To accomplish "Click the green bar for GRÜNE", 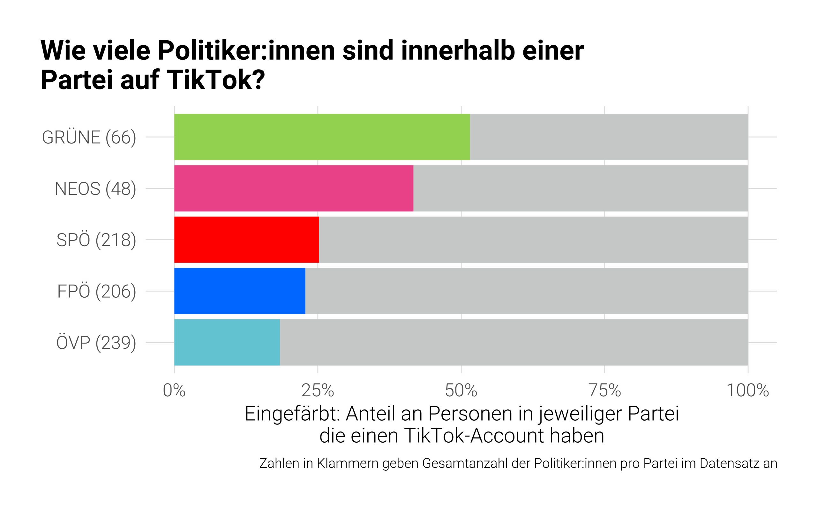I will pyautogui.click(x=322, y=137).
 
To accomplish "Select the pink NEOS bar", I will pyautogui.click(x=294, y=188).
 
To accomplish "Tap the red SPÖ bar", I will pyautogui.click(x=246, y=240).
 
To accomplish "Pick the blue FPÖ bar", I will pyautogui.click(x=240, y=291).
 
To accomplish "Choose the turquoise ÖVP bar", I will pyautogui.click(x=227, y=342).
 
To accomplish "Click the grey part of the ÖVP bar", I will pyautogui.click(x=513, y=342).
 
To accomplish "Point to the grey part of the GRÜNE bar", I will pyautogui.click(x=608, y=137).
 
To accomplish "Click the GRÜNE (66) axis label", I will pyautogui.click(x=89, y=138).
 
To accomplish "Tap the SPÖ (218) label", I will pyautogui.click(x=96, y=240).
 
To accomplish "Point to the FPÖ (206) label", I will pyautogui.click(x=97, y=292).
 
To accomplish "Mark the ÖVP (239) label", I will pyautogui.click(x=96, y=343).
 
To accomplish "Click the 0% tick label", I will pyautogui.click(x=174, y=391).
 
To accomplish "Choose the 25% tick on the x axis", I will pyautogui.click(x=318, y=391).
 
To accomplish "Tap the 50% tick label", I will pyautogui.click(x=461, y=391).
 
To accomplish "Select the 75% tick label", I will pyautogui.click(x=605, y=391).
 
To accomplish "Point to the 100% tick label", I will pyautogui.click(x=747, y=391).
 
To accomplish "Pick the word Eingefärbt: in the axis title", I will pyautogui.click(x=292, y=414).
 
